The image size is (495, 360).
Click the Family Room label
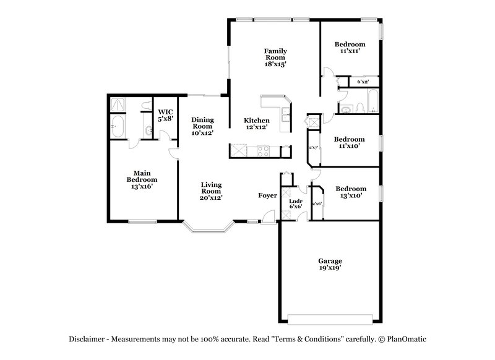(275, 57)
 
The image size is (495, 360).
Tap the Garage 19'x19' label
(330, 265)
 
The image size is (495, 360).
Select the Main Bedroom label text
(142, 179)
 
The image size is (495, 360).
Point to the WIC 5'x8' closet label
(164, 115)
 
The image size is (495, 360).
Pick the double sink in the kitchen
(285, 114)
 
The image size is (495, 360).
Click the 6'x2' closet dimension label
(364, 82)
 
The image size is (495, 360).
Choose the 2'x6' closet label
(317, 204)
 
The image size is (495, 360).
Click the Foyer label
(267, 195)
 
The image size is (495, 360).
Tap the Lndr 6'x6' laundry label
(296, 204)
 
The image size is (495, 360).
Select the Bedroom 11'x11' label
(350, 48)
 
